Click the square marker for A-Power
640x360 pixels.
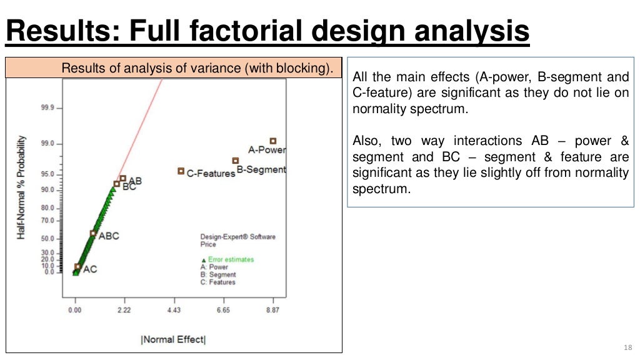tap(272, 141)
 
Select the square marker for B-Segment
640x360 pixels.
tap(235, 161)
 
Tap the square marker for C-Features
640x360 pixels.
tap(181, 171)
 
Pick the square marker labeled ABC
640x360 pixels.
tap(93, 233)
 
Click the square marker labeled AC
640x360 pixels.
tap(77, 267)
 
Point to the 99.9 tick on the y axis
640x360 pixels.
tap(47, 107)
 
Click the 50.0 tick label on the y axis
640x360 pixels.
tap(47, 238)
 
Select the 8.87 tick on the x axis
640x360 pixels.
tap(272, 309)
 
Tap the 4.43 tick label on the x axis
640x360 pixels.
tap(174, 309)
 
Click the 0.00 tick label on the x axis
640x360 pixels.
tap(75, 309)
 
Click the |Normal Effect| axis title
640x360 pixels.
tap(173, 339)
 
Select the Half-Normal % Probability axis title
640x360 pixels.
tap(22, 186)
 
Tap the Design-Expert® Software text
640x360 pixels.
tap(237, 237)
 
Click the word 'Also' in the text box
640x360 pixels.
tap(367, 141)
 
